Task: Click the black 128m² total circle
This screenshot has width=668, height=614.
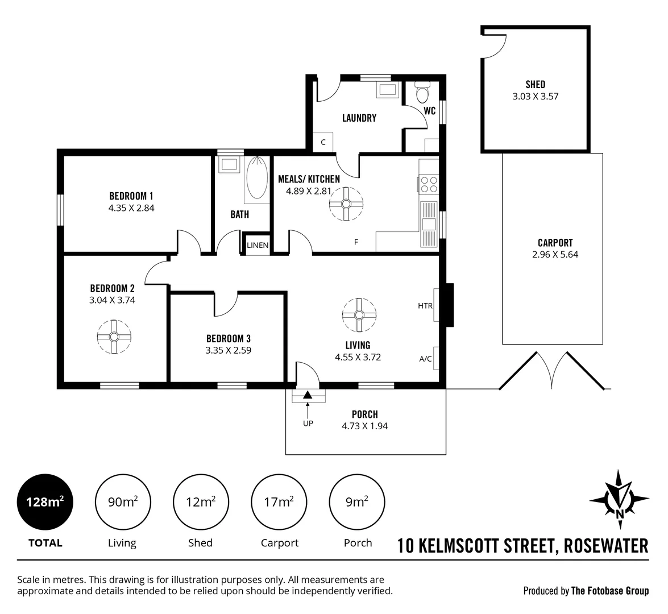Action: (x=45, y=502)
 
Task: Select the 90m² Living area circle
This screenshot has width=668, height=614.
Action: (x=122, y=502)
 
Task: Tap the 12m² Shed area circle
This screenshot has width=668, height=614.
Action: (x=201, y=502)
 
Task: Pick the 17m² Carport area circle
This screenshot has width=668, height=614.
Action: (x=279, y=502)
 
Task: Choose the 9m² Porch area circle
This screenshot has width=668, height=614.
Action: (x=358, y=502)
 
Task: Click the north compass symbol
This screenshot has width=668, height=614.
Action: (x=619, y=496)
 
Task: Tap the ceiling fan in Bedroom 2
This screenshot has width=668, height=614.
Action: (x=114, y=337)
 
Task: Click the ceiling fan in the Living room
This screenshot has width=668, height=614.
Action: (x=359, y=314)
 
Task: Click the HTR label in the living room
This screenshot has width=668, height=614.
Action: (x=425, y=306)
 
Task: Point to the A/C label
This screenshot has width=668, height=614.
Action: (x=425, y=359)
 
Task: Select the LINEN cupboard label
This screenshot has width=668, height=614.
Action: (x=258, y=245)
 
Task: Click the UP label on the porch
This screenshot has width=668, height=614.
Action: (x=308, y=423)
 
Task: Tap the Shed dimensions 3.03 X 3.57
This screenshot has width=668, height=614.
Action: (x=535, y=96)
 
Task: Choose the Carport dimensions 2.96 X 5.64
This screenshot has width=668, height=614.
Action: (x=555, y=255)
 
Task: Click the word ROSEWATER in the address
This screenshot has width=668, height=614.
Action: (x=605, y=546)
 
